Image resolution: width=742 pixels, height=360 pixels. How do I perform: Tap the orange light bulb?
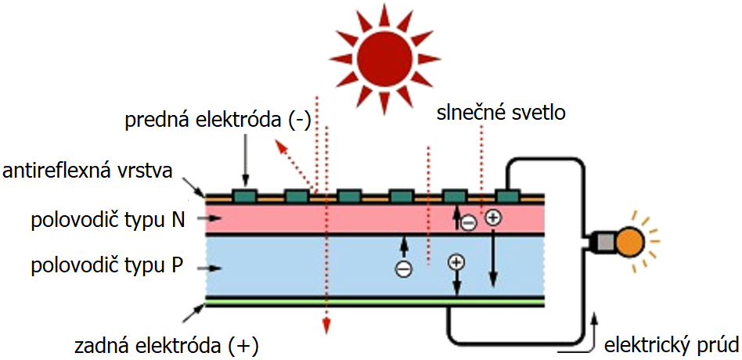630,240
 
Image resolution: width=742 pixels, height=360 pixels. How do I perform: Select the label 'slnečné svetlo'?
501,113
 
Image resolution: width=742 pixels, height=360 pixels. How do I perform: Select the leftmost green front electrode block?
245,194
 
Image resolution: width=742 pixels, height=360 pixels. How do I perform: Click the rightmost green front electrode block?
508,194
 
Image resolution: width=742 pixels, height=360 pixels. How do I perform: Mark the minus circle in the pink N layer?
467,223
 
